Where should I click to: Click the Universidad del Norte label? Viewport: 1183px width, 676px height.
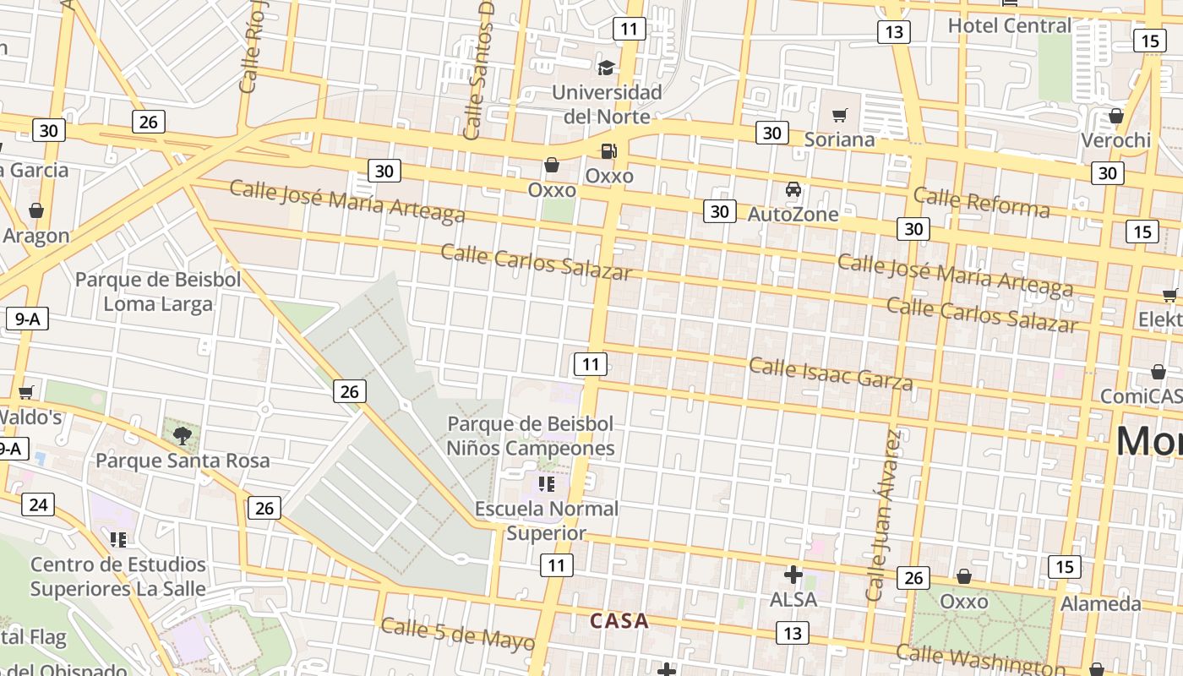(x=607, y=104)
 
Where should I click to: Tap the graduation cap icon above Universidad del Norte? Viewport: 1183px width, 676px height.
(x=606, y=68)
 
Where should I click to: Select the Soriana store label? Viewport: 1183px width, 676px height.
(x=839, y=139)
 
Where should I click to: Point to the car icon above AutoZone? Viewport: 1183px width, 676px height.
(x=793, y=189)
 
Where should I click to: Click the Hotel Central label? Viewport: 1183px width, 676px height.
(x=1009, y=25)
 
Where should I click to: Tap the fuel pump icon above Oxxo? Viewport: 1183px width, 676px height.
(x=608, y=152)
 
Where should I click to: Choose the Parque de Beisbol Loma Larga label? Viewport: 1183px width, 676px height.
(x=158, y=292)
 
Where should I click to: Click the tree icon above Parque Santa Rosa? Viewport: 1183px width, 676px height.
(x=182, y=436)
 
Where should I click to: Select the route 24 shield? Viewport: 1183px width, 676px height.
(x=37, y=505)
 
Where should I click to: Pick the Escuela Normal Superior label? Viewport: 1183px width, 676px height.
(x=546, y=521)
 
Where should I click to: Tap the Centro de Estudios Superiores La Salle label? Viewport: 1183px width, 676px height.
(x=118, y=576)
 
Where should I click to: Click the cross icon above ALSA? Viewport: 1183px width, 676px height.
(x=793, y=575)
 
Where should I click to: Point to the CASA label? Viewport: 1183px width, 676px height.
(x=619, y=621)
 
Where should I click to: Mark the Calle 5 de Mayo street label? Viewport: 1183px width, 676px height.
(x=457, y=634)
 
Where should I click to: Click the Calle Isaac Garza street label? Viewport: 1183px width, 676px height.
(x=831, y=374)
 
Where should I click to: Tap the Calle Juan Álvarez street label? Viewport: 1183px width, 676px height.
(x=883, y=515)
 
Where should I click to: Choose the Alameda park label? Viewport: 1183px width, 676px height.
(x=1101, y=603)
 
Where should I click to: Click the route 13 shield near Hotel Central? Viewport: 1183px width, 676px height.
(x=893, y=32)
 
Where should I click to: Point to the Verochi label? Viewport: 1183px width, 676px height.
(x=1116, y=140)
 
